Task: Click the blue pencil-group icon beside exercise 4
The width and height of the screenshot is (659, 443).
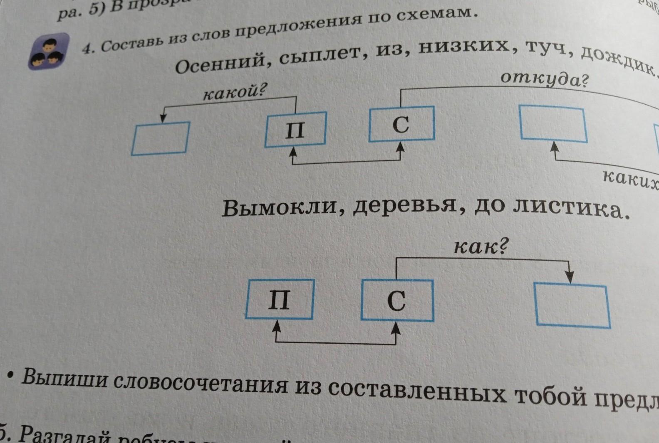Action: pyautogui.click(x=48, y=51)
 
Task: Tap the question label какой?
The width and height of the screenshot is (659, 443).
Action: pyautogui.click(x=234, y=92)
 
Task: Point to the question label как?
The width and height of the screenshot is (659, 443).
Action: pyautogui.click(x=481, y=247)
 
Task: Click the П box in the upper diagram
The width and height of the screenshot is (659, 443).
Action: pyautogui.click(x=295, y=130)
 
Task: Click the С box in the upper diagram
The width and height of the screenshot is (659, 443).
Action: pyautogui.click(x=401, y=124)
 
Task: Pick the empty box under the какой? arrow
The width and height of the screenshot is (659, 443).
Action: pyautogui.click(x=161, y=138)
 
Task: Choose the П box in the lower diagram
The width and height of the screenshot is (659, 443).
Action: pyautogui.click(x=280, y=299)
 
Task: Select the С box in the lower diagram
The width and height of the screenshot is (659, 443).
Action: pyautogui.click(x=397, y=300)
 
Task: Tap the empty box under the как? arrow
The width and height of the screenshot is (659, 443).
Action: pyautogui.click(x=572, y=305)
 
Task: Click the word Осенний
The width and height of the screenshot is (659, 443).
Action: pyautogui.click(x=221, y=64)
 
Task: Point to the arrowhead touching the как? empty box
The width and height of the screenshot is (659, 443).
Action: pyautogui.click(x=570, y=278)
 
